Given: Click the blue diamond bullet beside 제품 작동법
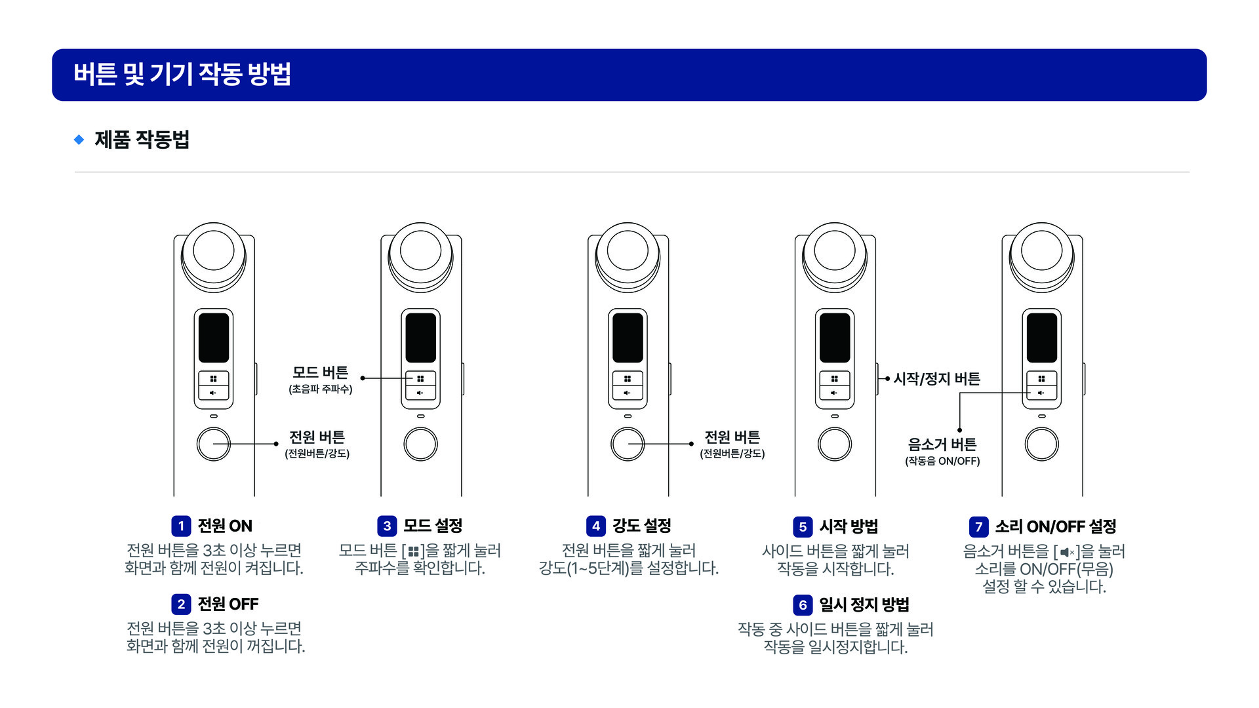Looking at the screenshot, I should coord(79,140).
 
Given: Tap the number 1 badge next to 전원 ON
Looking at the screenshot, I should coord(181,526).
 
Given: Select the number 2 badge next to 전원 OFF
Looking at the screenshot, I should coord(181,604).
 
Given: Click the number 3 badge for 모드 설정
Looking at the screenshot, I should coord(387,526).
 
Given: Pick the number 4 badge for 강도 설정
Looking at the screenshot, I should coord(595,526).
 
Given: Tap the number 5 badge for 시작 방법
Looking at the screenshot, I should coord(803,526).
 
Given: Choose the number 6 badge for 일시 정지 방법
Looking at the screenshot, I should coord(803,604).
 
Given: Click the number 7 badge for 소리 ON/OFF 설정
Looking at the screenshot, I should coord(978,526).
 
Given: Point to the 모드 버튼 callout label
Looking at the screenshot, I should coord(320,373).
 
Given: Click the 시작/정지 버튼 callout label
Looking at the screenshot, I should coord(936,379).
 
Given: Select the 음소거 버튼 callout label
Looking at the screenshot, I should coord(942,445).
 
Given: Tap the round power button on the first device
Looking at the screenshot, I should coord(214,444).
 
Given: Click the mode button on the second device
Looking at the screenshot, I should coord(420,379).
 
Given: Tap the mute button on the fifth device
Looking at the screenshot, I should coord(1041,393).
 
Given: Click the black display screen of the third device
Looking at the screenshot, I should coord(628,338).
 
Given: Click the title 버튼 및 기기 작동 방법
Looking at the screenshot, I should coord(182,74).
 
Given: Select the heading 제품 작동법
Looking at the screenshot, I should coord(142,140).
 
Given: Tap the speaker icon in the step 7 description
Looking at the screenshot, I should coord(1067,553).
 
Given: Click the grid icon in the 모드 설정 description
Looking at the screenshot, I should coord(413,552).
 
